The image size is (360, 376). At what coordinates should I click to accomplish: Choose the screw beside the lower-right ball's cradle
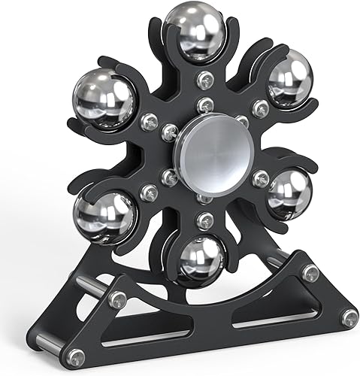point(261,178)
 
